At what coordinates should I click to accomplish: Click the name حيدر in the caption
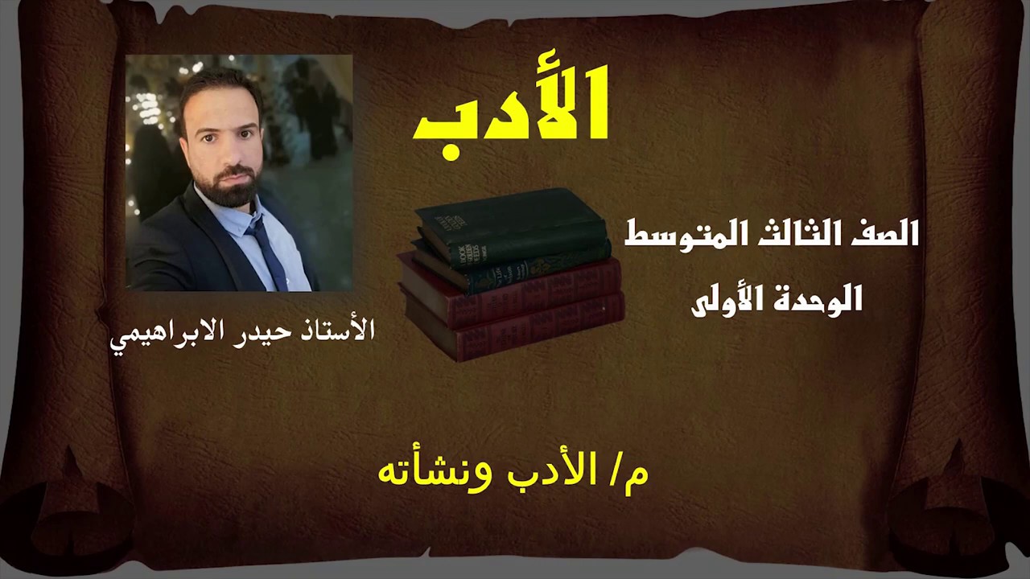click(x=270, y=331)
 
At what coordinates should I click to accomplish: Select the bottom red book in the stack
click(x=515, y=326)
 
